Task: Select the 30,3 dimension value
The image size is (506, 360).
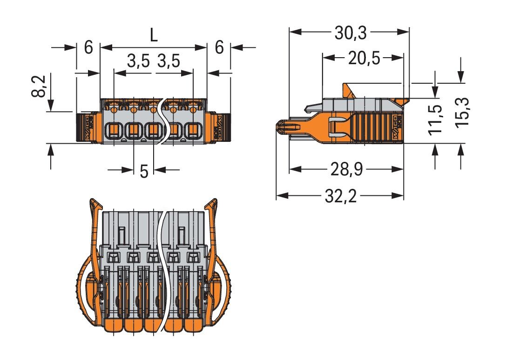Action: (x=351, y=33)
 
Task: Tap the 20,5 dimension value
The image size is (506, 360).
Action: (x=364, y=58)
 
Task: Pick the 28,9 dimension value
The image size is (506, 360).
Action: (x=347, y=170)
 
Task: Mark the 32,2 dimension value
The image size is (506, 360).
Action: (x=340, y=196)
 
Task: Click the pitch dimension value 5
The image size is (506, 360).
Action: (x=144, y=171)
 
